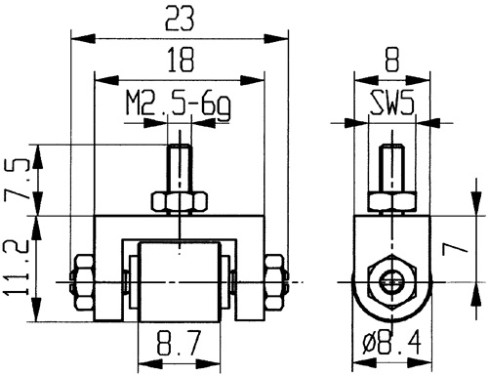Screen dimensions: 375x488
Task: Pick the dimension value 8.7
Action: coord(179,345)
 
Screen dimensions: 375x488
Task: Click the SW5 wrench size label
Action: coord(391,104)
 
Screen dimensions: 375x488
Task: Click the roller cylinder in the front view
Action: coord(179,282)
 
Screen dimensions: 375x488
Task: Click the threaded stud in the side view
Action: coord(391,168)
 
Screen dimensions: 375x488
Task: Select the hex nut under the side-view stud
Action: coord(391,201)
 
